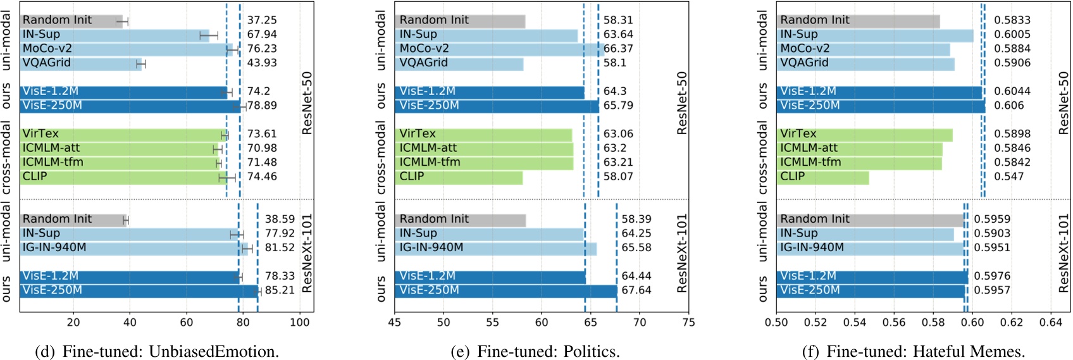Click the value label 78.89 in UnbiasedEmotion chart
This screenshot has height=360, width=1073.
262,106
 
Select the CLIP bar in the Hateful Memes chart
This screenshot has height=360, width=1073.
822,177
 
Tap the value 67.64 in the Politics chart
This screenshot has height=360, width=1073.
636,290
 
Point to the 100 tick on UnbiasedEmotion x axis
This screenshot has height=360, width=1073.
299,323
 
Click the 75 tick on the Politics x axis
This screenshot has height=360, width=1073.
688,323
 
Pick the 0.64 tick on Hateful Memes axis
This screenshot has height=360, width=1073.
1051,323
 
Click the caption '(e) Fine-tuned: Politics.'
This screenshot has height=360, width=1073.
535,351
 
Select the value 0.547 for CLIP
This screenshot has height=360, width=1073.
1008,177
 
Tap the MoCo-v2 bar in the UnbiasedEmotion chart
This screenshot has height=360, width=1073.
127,49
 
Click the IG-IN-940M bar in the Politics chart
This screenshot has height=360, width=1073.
495,248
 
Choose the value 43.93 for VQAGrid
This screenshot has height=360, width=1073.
262,63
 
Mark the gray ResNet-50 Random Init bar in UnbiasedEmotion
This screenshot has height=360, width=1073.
71,21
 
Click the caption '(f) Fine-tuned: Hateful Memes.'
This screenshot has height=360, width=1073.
913,351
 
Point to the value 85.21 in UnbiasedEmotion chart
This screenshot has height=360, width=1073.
280,290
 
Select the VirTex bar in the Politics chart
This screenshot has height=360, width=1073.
483,134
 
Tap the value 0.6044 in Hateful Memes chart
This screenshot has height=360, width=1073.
1012,91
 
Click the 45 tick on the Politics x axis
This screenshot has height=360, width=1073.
395,323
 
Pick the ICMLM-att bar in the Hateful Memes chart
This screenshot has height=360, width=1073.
859,148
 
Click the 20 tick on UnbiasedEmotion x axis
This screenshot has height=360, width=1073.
73,323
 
